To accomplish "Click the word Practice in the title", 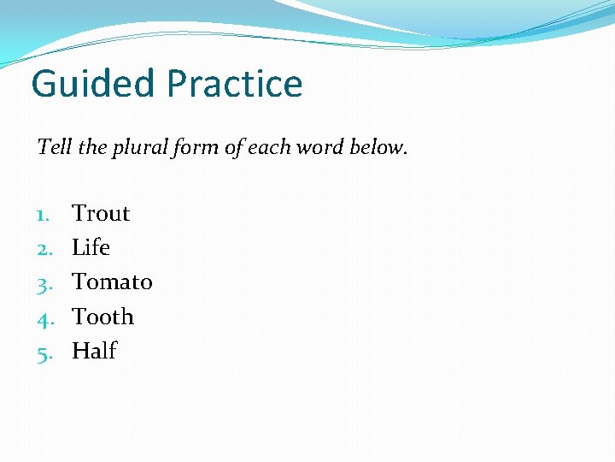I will pyautogui.click(x=235, y=85).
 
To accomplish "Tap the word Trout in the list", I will pyautogui.click(x=101, y=213).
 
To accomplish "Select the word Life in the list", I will pyautogui.click(x=91, y=247).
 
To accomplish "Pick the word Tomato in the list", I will pyautogui.click(x=112, y=281).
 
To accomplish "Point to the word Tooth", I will pyautogui.click(x=102, y=317).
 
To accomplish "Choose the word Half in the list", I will pyautogui.click(x=94, y=351).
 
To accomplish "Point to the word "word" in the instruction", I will pyautogui.click(x=323, y=147).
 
